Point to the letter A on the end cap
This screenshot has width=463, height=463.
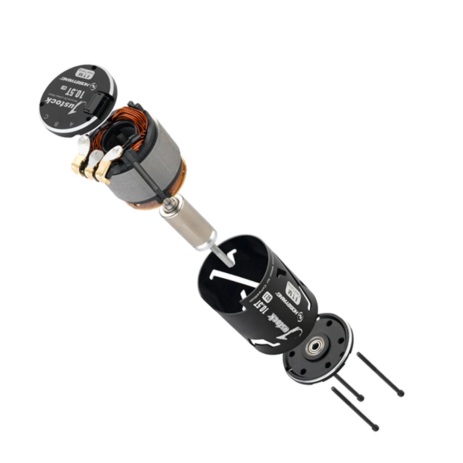71,125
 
